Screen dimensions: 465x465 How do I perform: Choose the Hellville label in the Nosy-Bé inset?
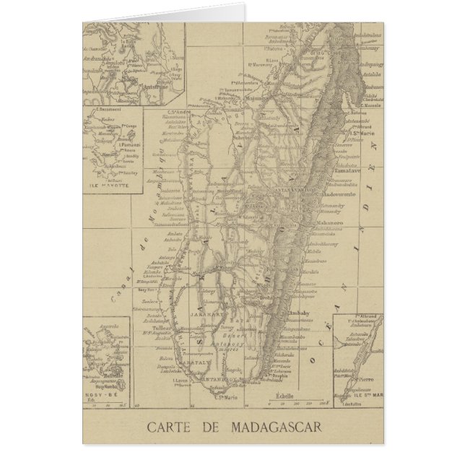point(110,375)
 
